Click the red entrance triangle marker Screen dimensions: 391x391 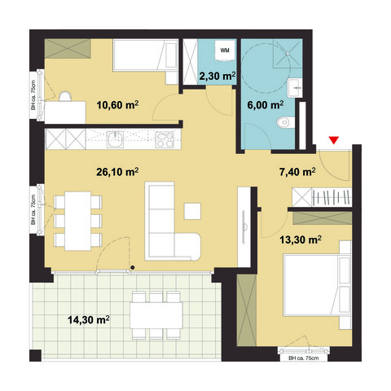[332, 142]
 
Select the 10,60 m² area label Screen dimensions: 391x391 [116, 104]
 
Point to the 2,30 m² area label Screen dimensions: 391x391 [217, 77]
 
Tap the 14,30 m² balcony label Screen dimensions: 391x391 [90, 320]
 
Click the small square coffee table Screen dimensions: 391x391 [192, 210]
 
